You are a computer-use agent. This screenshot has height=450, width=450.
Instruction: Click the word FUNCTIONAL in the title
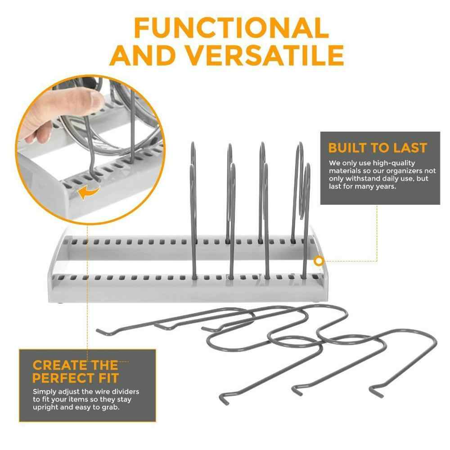point(231,28)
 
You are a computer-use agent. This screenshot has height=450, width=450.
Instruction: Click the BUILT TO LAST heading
point(377,148)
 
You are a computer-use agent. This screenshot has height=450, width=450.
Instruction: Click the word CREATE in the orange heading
point(55,364)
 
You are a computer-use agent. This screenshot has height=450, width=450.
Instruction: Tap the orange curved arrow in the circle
point(88,193)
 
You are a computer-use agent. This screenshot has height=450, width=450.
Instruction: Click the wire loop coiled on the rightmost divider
point(305,189)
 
